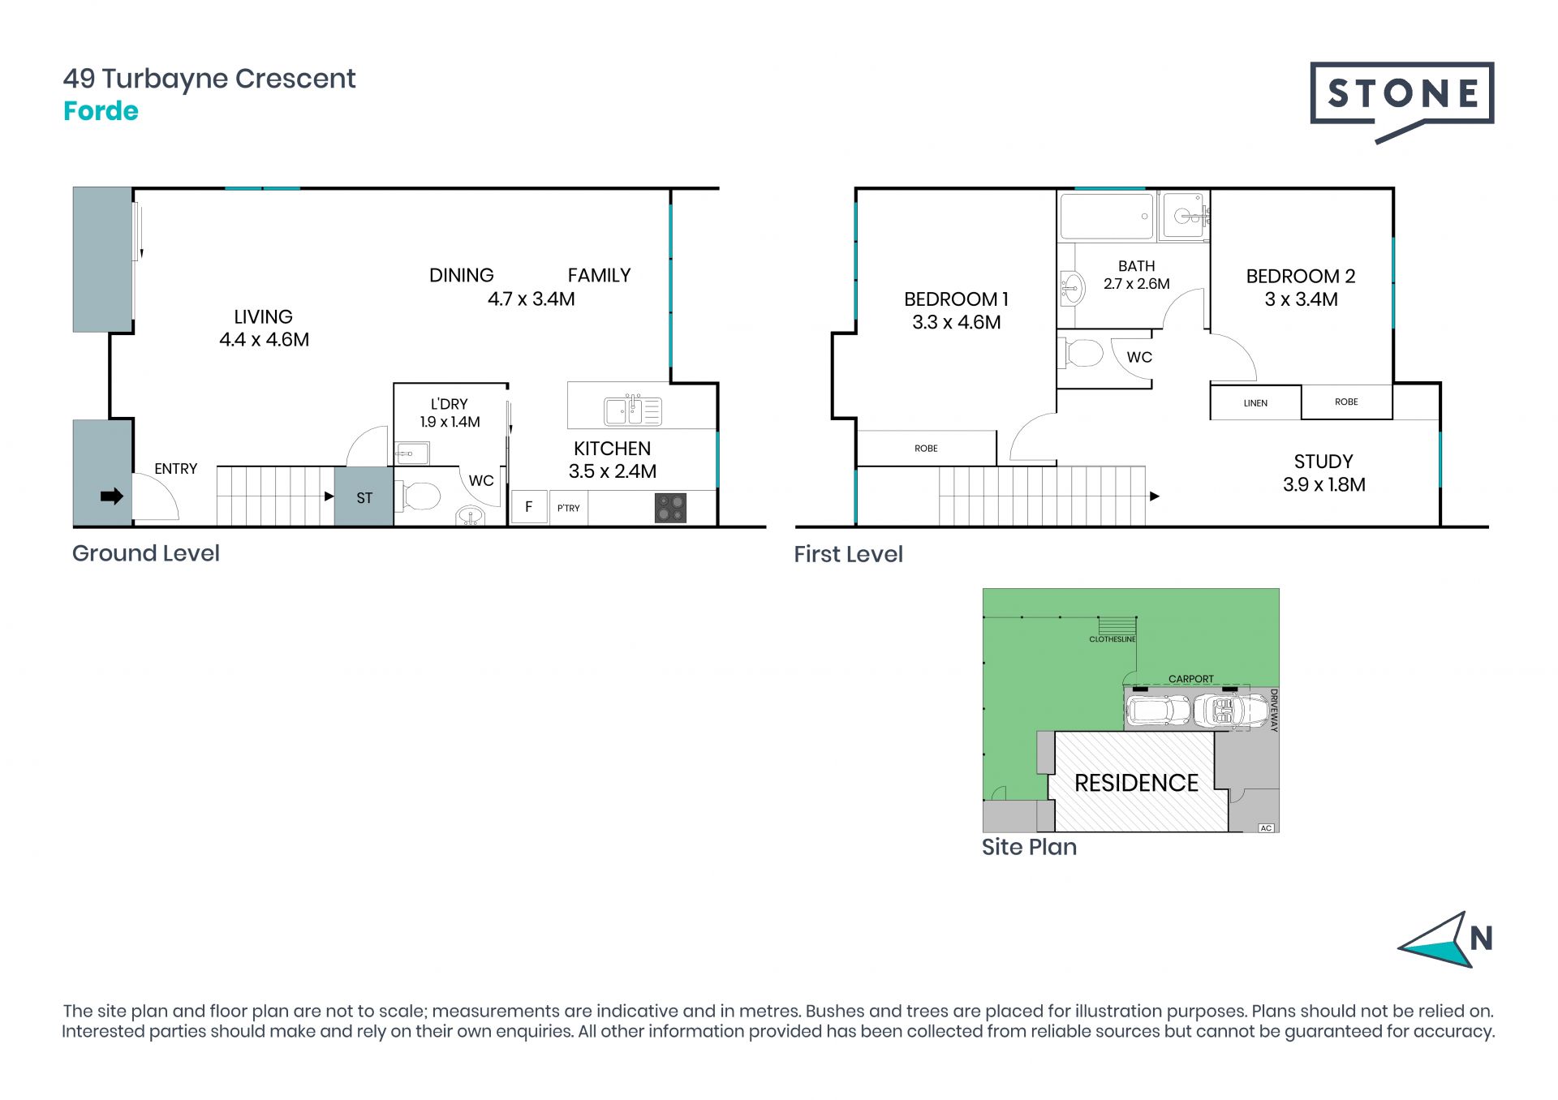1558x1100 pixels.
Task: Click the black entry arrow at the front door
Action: coord(112,496)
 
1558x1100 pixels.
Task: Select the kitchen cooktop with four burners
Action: coord(670,508)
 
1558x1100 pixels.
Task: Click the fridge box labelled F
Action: coord(529,507)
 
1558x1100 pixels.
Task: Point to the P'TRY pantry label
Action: coord(568,509)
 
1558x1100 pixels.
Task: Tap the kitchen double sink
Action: coord(633,411)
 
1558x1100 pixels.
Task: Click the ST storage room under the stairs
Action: coord(364,496)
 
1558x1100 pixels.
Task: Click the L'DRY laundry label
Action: coord(449,404)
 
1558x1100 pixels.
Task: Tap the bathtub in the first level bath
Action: coord(1107,217)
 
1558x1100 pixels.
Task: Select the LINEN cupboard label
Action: coord(1255,403)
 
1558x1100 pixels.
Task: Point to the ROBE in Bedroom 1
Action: coord(926,449)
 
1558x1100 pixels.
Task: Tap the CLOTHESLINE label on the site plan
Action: coord(1113,639)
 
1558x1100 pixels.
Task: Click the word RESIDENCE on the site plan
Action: coord(1136,783)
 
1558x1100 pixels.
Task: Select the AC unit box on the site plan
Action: coord(1266,827)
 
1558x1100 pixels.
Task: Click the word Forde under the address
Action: coord(101,111)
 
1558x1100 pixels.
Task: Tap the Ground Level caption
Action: coord(146,553)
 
